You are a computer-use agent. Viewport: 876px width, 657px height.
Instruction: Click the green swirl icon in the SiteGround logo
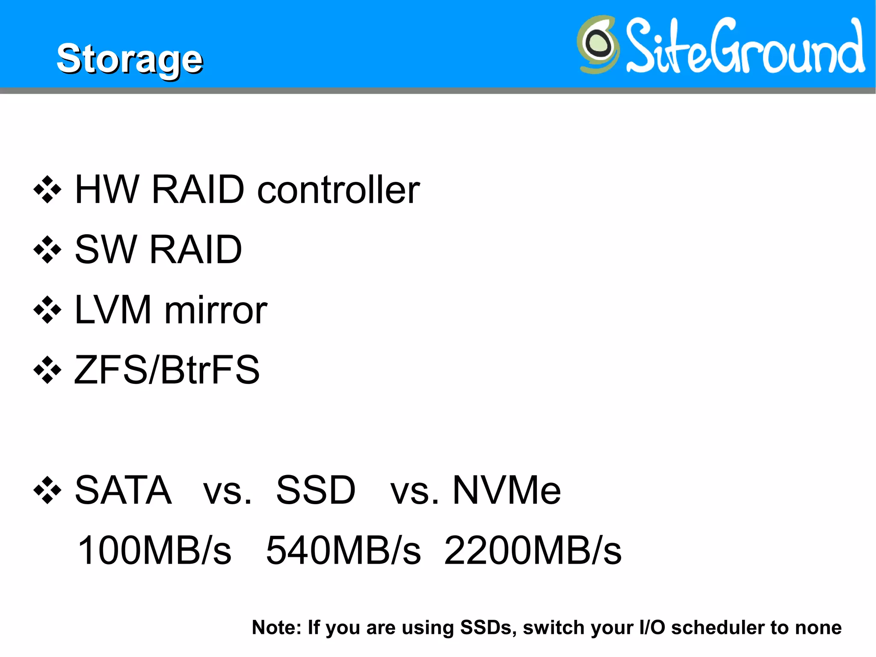pyautogui.click(x=598, y=44)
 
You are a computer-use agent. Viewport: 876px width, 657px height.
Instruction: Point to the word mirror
pyautogui.click(x=216, y=310)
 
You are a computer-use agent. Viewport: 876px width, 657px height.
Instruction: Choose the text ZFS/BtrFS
pyautogui.click(x=167, y=370)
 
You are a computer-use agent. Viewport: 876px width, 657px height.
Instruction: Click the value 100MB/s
pyautogui.click(x=154, y=550)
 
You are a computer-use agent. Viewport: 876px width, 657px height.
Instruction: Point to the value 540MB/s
pyautogui.click(x=343, y=550)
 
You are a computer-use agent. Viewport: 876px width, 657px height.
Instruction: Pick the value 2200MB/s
pyautogui.click(x=533, y=550)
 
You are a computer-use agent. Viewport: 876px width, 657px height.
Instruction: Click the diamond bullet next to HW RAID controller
pyautogui.click(x=47, y=190)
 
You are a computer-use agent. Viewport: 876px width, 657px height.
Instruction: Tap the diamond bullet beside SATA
pyautogui.click(x=47, y=490)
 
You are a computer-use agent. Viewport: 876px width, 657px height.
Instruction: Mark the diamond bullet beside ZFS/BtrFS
pyautogui.click(x=47, y=370)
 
